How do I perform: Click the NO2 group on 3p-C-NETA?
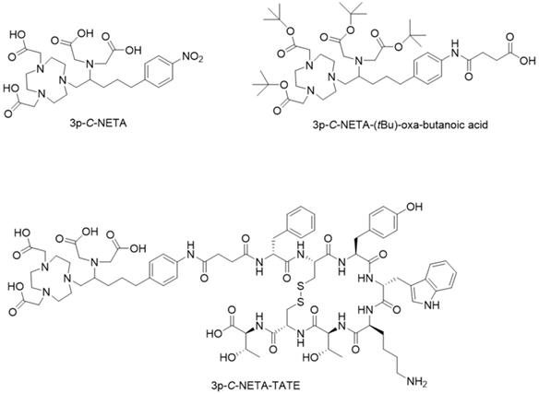click(x=192, y=57)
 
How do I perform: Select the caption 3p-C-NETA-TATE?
click(x=256, y=386)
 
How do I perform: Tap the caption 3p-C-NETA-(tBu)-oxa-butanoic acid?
click(x=401, y=125)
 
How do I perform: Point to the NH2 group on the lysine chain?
click(x=417, y=382)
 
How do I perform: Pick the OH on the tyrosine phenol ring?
click(x=414, y=207)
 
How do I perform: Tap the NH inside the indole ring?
click(x=431, y=304)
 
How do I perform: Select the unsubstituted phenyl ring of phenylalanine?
click(x=301, y=221)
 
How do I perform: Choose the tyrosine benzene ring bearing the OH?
click(x=383, y=222)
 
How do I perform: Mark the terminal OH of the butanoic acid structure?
click(x=528, y=61)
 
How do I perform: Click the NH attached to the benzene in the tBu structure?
click(x=455, y=48)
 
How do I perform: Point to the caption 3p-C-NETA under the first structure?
click(x=98, y=123)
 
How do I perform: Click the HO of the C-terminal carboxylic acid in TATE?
click(x=213, y=333)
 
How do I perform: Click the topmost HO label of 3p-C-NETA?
click(x=18, y=34)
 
